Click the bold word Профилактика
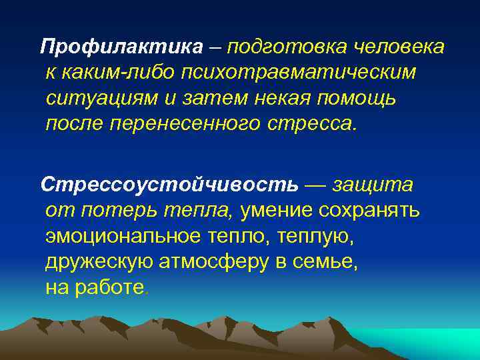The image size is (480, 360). [x=121, y=47]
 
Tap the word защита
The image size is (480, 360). [x=373, y=183]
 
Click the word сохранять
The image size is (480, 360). [x=369, y=210]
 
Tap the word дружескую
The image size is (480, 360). [x=99, y=261]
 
